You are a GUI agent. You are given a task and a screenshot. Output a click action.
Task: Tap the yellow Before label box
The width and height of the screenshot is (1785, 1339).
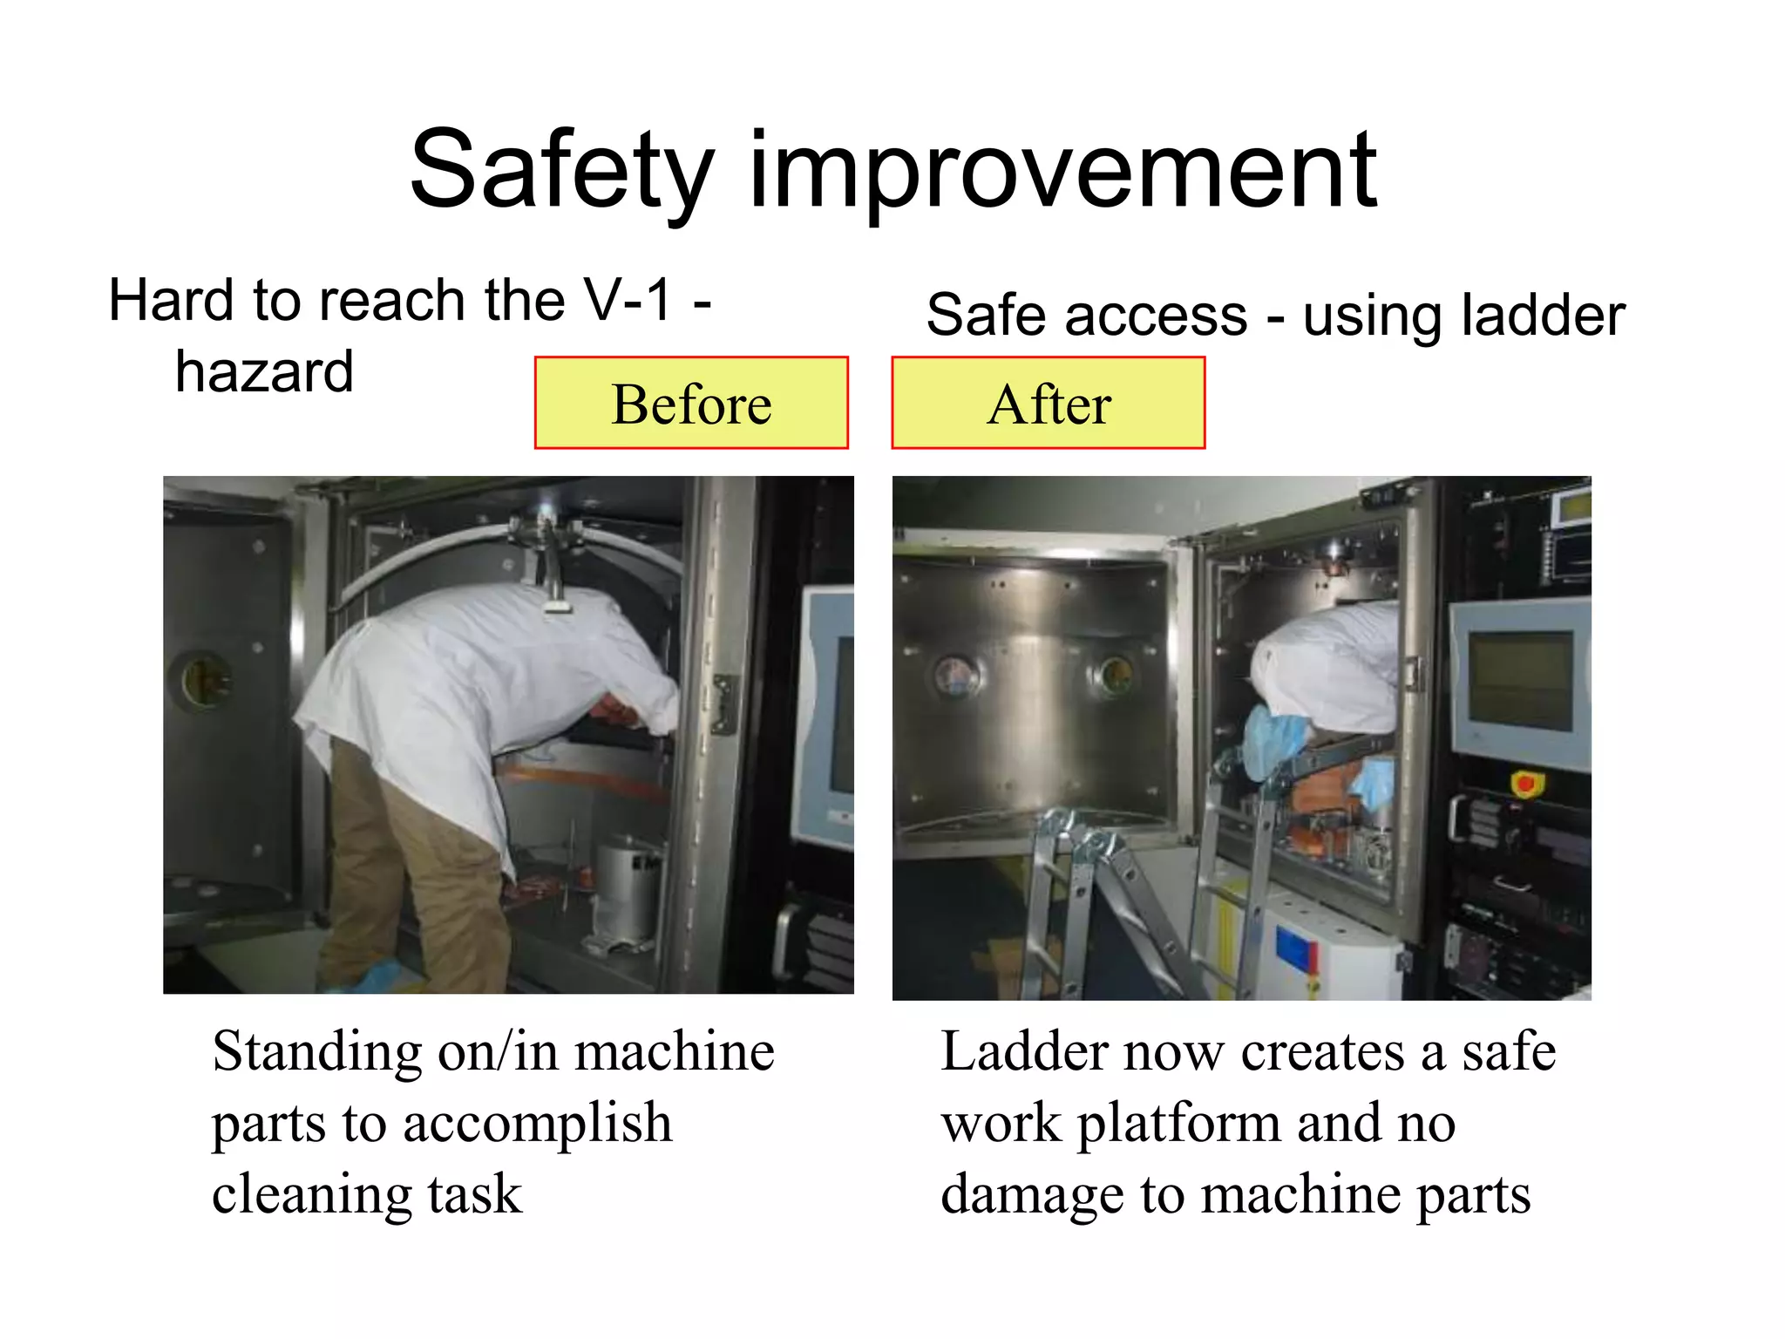click(x=691, y=403)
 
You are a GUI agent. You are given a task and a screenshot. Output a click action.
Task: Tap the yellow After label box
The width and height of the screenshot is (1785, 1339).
click(x=1048, y=403)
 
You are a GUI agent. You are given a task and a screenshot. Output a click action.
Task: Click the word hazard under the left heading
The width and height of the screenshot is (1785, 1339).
click(x=264, y=372)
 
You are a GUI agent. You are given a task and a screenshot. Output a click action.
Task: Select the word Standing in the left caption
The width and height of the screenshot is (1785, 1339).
click(x=317, y=1051)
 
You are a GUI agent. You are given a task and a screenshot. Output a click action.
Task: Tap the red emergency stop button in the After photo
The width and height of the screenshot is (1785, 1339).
click(x=1525, y=783)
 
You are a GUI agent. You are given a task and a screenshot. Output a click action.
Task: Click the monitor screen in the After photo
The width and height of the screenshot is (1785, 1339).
click(x=1520, y=680)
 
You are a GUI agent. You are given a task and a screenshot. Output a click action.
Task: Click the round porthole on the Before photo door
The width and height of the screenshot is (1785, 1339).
click(x=202, y=681)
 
